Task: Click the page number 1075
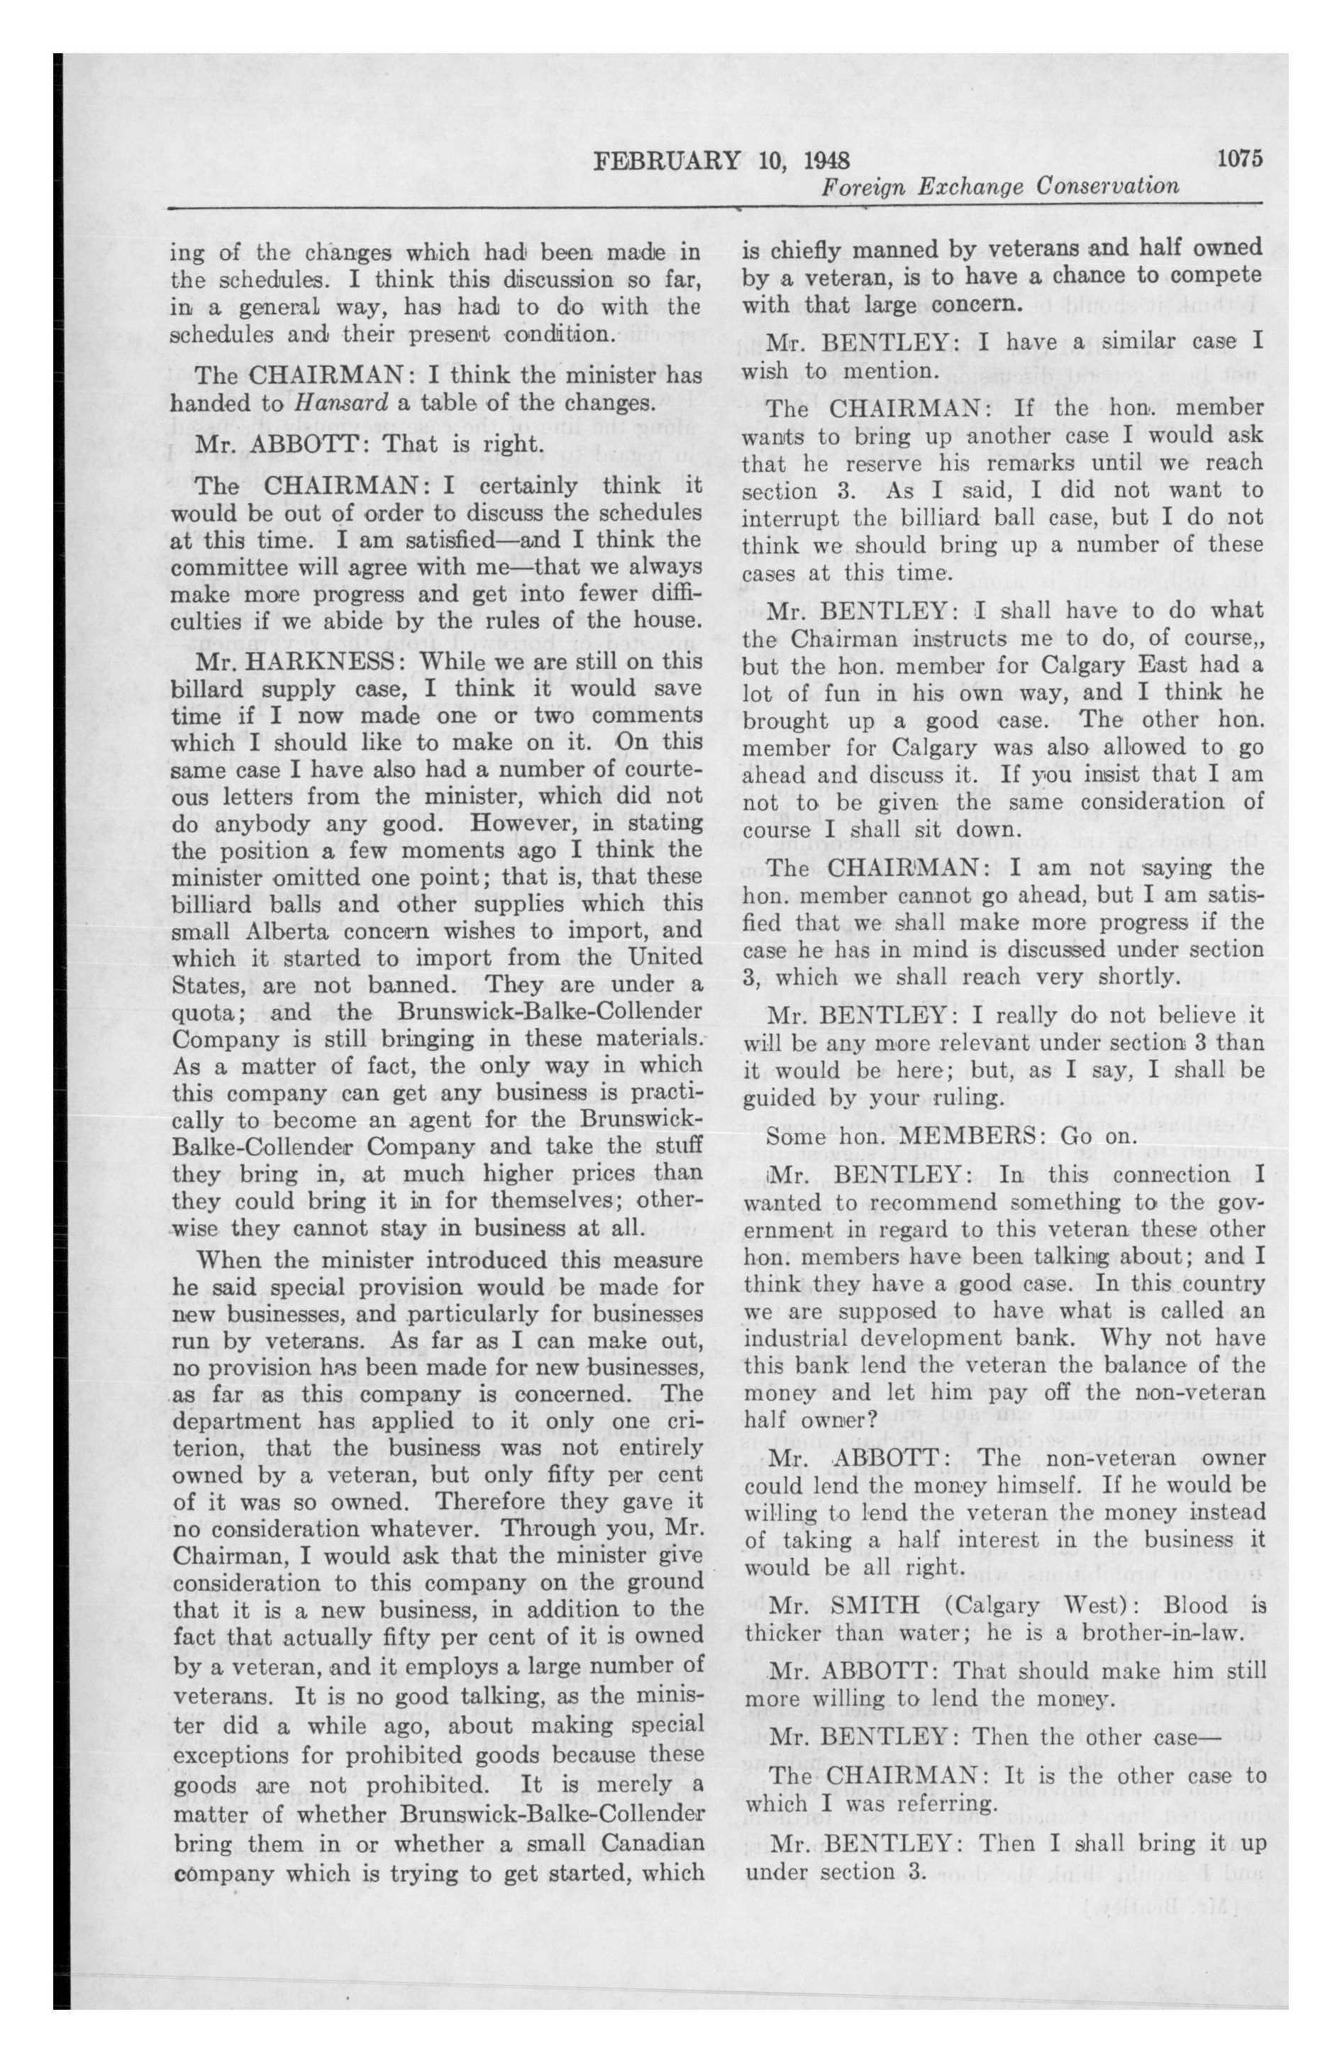[x=1241, y=159]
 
